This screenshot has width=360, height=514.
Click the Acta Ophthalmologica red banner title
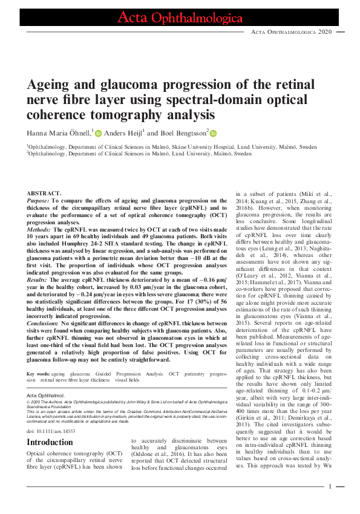click(179, 17)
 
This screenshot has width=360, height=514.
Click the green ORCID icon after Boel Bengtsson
click(213, 132)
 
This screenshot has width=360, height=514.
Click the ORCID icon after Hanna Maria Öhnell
click(98, 132)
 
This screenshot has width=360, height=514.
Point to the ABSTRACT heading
click(44, 193)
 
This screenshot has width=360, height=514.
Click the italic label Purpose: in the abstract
click(39, 200)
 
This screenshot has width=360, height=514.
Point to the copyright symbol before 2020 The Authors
click(28, 401)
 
